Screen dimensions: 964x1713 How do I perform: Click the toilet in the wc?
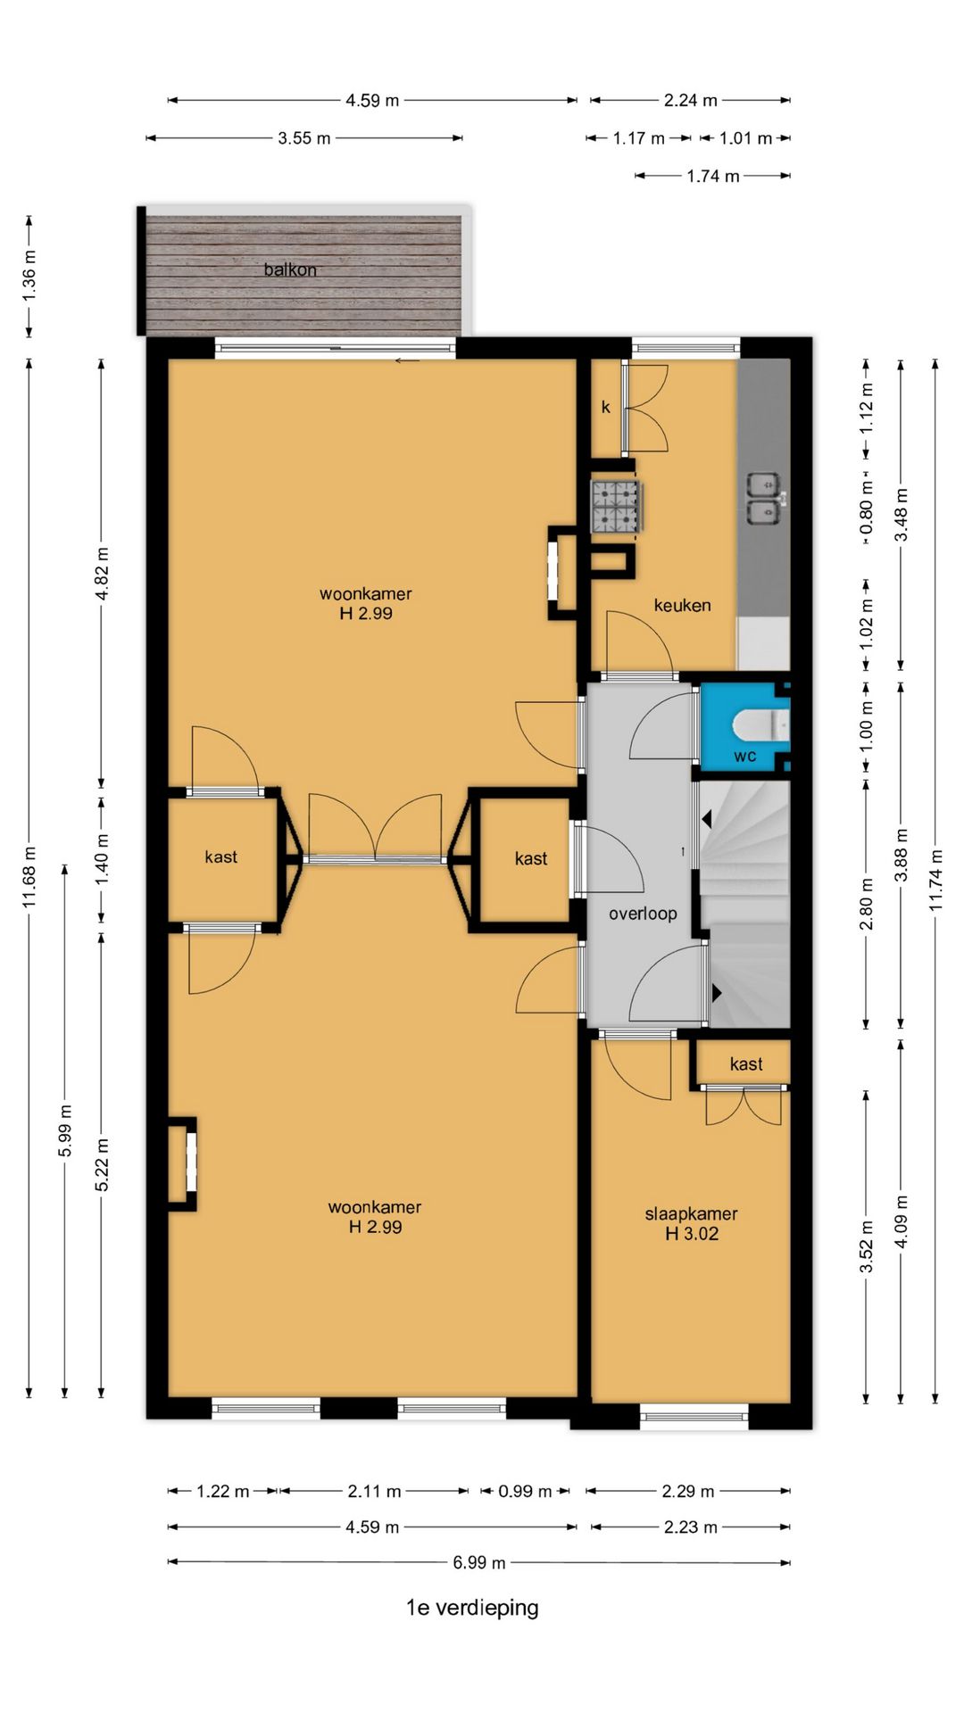[761, 725]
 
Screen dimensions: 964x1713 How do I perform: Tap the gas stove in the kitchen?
[615, 507]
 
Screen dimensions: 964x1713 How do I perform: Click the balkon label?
[290, 269]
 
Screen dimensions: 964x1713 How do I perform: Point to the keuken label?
[683, 605]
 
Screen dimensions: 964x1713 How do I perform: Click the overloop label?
[643, 914]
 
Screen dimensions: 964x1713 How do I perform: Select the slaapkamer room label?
[692, 1213]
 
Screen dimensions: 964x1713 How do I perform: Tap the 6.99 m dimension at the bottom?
[479, 1562]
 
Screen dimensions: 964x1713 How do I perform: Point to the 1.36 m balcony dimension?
[29, 277]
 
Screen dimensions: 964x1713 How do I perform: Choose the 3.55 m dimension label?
[304, 138]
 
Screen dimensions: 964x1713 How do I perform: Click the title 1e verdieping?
[472, 1608]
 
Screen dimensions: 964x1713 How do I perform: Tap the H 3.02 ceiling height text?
[692, 1233]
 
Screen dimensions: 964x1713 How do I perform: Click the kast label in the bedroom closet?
[746, 1063]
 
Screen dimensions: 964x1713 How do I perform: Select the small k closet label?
[606, 407]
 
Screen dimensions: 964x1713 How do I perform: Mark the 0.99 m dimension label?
[525, 1491]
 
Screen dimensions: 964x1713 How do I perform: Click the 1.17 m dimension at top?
[639, 138]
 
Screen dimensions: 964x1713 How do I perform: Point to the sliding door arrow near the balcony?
[407, 360]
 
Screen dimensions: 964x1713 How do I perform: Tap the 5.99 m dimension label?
[65, 1130]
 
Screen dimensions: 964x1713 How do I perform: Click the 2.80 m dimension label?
[866, 904]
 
